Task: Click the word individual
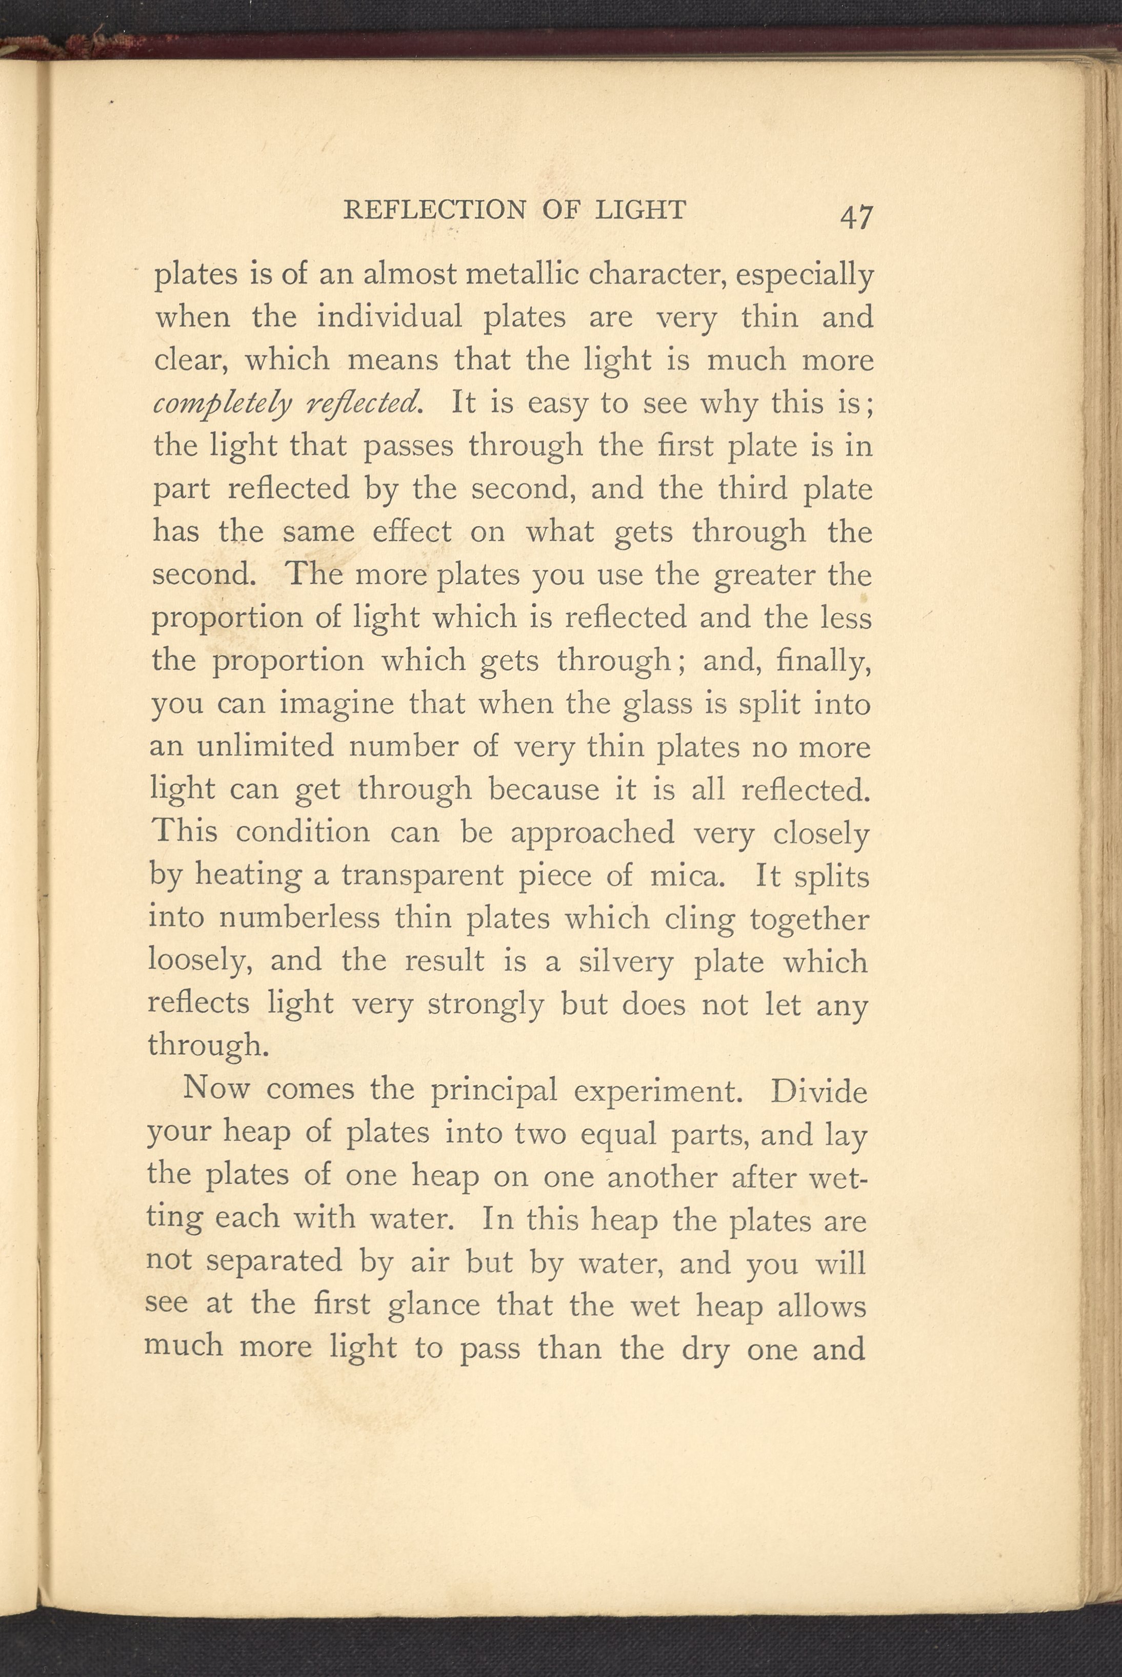click(x=389, y=317)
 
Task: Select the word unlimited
click(x=264, y=747)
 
